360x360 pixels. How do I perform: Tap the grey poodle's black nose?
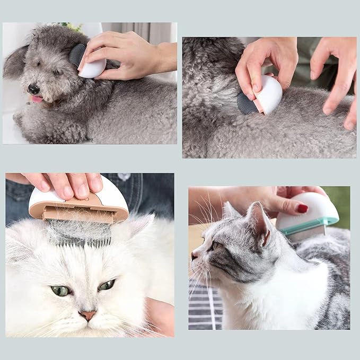click(33, 89)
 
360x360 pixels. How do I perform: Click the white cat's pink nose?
click(87, 316)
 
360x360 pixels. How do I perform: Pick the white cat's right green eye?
click(107, 285)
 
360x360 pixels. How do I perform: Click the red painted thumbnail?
click(302, 208)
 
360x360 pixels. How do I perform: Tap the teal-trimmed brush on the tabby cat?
click(310, 215)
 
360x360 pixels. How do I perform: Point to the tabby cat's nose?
click(194, 256)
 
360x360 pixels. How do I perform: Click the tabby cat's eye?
click(216, 246)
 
